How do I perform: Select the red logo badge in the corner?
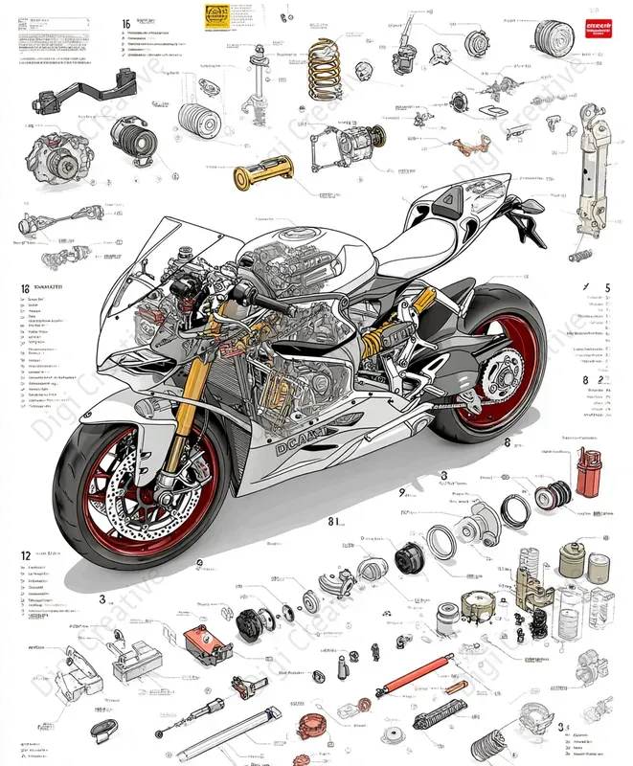pos(599,30)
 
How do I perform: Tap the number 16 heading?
pos(126,23)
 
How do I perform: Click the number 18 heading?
pos(25,287)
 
